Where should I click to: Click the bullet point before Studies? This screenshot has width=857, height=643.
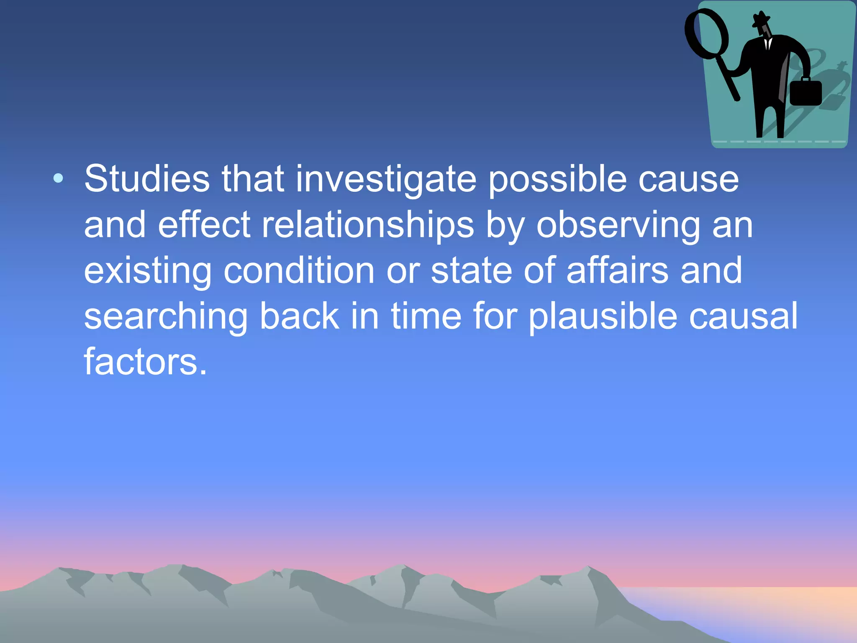(x=59, y=179)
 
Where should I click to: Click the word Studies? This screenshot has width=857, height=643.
(x=147, y=179)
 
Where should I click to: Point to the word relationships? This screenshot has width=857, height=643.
(x=368, y=226)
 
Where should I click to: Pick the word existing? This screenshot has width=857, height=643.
(x=148, y=271)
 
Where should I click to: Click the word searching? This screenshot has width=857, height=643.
(x=166, y=317)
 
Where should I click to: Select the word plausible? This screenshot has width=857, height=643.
(x=603, y=317)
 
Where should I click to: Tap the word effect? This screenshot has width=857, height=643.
(x=204, y=225)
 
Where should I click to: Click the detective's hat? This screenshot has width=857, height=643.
(x=761, y=19)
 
